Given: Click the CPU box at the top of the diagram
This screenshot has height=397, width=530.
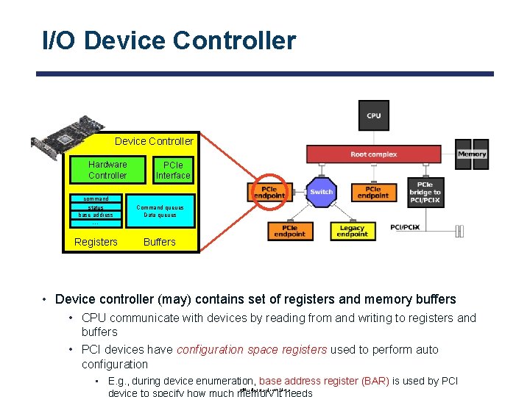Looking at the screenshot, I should coord(373,115).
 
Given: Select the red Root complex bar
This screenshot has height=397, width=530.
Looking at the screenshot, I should coord(373,154).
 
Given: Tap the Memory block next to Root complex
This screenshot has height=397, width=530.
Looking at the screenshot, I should coord(472,154).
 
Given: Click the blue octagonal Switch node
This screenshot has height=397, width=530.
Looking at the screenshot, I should coord(321,192).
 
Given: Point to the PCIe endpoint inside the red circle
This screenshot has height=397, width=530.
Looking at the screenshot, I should coord(269,192).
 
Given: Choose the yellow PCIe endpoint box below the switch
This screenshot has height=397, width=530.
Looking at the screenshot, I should coord(289,231).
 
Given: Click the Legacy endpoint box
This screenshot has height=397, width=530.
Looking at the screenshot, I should coord(352,231).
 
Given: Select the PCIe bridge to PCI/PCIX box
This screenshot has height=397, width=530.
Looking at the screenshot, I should coord(425,193).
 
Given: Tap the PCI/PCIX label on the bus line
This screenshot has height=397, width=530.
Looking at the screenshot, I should coord(405,228).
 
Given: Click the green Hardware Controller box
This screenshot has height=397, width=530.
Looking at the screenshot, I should coord(107,170).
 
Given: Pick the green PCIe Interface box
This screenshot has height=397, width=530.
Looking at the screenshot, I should coord(173,170).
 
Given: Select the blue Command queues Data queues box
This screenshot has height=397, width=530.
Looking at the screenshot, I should coord(160,211).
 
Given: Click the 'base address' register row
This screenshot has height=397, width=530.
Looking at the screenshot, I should coord(96,215).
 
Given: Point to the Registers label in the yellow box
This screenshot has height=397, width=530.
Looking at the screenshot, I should coord(96,242).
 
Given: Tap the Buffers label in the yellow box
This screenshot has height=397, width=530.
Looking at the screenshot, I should coord(160,242).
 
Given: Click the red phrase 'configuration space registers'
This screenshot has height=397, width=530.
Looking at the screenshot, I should coord(252,349).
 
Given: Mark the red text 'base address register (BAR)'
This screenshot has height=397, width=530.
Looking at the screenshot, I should coord(324,381).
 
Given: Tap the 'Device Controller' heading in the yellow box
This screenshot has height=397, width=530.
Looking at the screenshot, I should coord(154,141).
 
